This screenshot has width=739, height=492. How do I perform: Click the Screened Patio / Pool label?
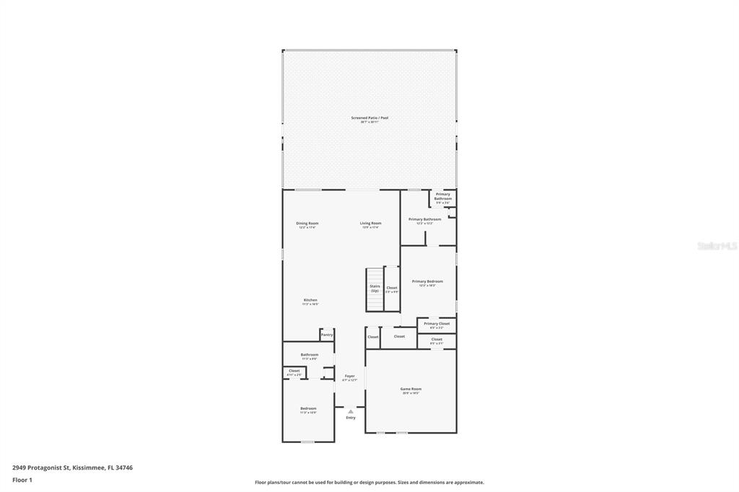pos(369,118)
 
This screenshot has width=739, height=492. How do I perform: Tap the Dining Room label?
pos(307,223)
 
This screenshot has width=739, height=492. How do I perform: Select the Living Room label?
pos(370,223)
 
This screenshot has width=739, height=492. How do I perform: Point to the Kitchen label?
pos(310,300)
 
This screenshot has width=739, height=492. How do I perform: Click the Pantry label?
pos(327,335)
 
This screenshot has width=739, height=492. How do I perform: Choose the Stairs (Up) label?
pos(375,288)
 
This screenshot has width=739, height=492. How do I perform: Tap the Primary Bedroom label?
pos(427,281)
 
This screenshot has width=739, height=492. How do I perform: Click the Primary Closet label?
pos(437,324)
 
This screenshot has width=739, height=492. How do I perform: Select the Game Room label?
pos(411,389)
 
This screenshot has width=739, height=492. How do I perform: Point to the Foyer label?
pos(350,376)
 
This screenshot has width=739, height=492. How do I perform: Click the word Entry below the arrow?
pos(351,418)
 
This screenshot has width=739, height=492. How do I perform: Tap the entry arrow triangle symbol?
pos(351,411)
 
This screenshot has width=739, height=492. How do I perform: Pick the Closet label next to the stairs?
pos(392,288)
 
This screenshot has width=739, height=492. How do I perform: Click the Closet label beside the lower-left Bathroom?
pos(294,371)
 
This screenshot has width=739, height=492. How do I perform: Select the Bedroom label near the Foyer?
pos(308,408)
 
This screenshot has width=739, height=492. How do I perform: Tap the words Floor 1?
pos(22,480)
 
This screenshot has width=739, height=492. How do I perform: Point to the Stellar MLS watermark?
pos(717,246)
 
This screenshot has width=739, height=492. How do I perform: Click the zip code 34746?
pos(124,467)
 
